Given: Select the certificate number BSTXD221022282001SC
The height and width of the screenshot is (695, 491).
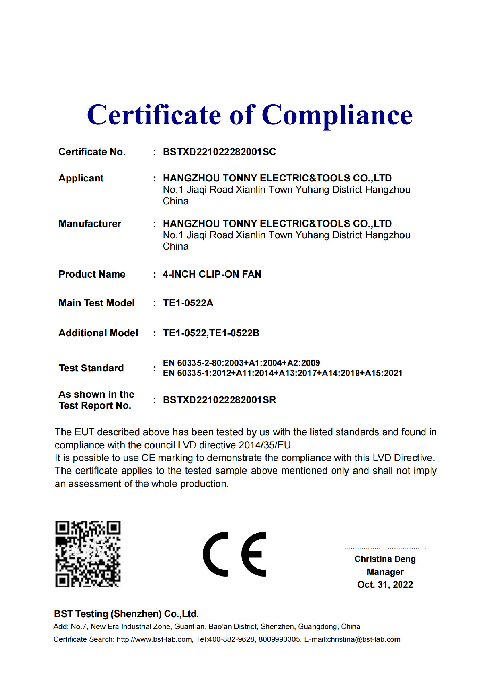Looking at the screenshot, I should pos(219,152).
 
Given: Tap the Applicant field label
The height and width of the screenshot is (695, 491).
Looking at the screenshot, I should pos(81,178).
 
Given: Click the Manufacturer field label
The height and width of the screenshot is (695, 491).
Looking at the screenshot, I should pos(90,224).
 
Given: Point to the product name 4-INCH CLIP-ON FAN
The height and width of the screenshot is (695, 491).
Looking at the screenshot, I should pos(212,275).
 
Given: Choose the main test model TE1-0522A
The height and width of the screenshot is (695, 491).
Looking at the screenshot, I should pos(188,303).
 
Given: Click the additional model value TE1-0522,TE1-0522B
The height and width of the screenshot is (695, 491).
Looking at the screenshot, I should pos(211,333).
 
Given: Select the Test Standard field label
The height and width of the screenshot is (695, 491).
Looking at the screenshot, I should pos(91,368).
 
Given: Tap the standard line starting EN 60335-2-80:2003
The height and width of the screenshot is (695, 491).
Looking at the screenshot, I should pos(241,363).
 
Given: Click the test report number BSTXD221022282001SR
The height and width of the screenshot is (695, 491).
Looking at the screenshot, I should pos(219,400).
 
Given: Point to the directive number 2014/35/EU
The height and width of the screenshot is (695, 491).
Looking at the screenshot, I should pos(266,445).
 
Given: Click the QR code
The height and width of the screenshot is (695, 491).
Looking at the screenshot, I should pos(88,554).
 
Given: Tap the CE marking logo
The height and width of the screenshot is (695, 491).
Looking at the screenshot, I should pos(235,554).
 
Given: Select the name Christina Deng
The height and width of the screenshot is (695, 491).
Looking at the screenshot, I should pos(385,559).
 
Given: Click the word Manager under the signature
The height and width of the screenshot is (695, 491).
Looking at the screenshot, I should pos(385,572).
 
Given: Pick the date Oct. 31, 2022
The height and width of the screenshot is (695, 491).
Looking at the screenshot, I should pos(385,585).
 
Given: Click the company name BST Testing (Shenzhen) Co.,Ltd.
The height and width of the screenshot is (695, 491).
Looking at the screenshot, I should pos(126,614).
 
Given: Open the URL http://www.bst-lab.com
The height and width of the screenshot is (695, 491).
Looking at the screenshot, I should pos(154,640).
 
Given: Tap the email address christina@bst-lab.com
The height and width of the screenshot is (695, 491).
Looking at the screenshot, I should pos(364,640).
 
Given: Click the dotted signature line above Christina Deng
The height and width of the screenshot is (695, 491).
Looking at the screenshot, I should pos(385,549).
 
